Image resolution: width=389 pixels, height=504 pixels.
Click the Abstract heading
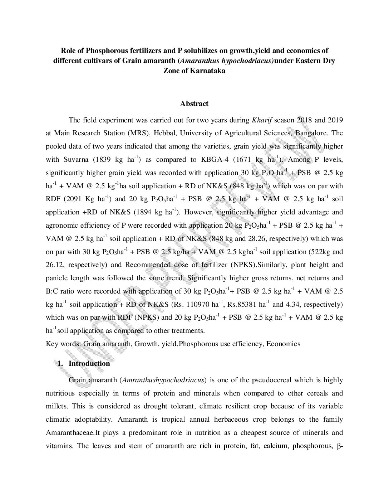[x=194, y=104]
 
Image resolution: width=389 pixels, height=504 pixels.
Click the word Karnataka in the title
[x=208, y=71]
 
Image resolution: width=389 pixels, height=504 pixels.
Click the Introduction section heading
[x=89, y=364]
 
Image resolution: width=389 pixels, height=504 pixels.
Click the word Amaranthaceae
[x=70, y=433]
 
